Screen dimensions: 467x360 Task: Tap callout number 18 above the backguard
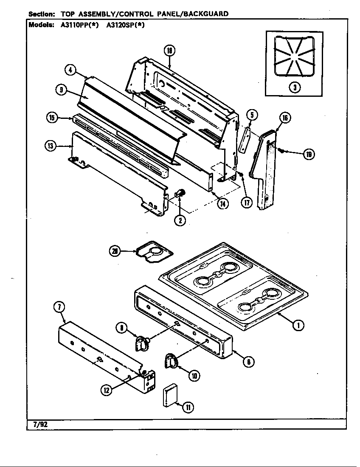point(169,51)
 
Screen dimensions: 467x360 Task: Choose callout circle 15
point(52,118)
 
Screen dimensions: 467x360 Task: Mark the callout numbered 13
point(51,146)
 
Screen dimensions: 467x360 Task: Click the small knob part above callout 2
point(181,193)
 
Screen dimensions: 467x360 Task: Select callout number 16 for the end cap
point(284,118)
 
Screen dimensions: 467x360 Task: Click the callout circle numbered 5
point(252,114)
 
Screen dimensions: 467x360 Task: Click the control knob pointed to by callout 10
point(171,360)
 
